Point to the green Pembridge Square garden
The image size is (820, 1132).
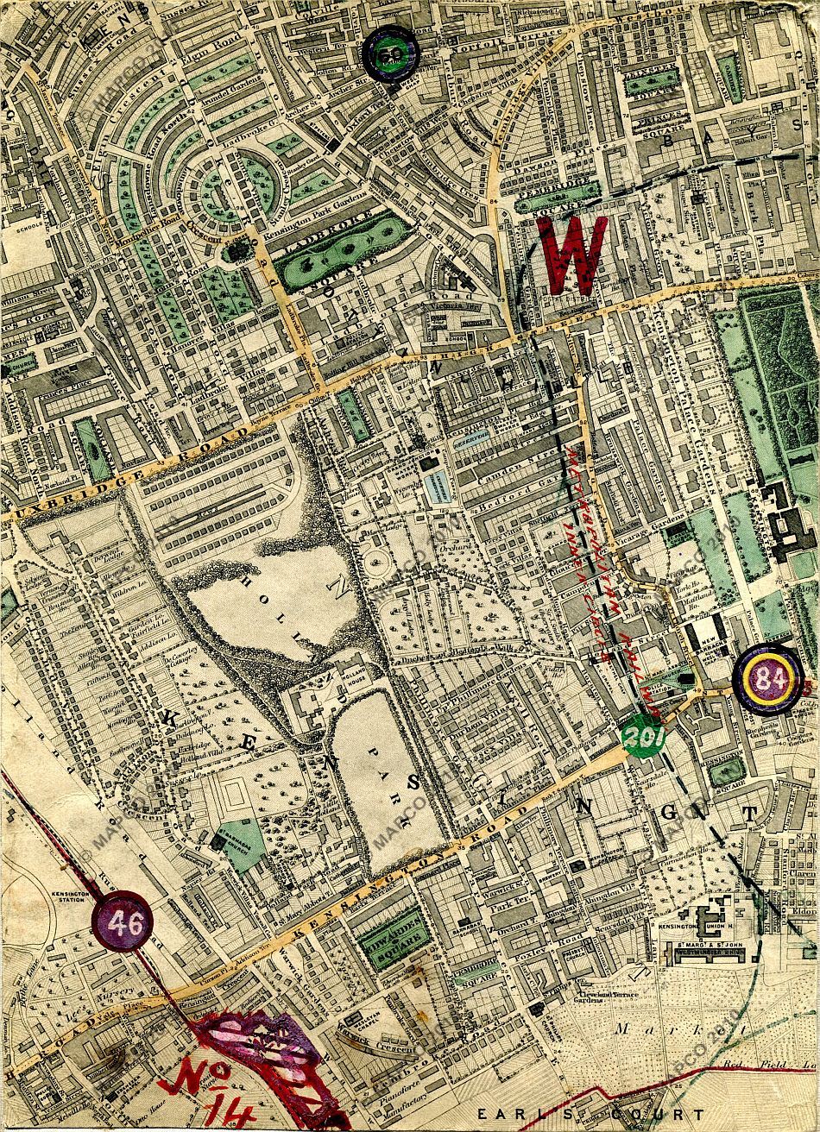point(558,194)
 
